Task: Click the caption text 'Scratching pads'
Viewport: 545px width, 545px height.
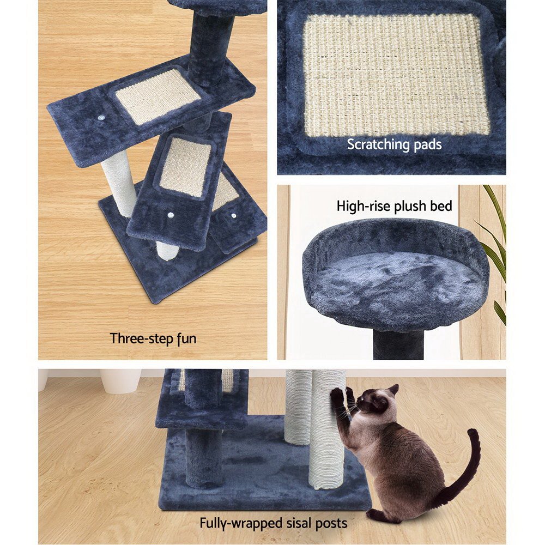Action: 394,145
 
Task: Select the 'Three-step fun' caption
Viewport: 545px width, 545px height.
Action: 153,338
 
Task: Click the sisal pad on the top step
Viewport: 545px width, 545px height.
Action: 158,96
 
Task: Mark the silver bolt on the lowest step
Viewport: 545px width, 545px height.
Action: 234,216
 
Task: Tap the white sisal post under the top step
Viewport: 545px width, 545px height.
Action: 119,183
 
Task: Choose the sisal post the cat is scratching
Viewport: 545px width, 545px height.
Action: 327,436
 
